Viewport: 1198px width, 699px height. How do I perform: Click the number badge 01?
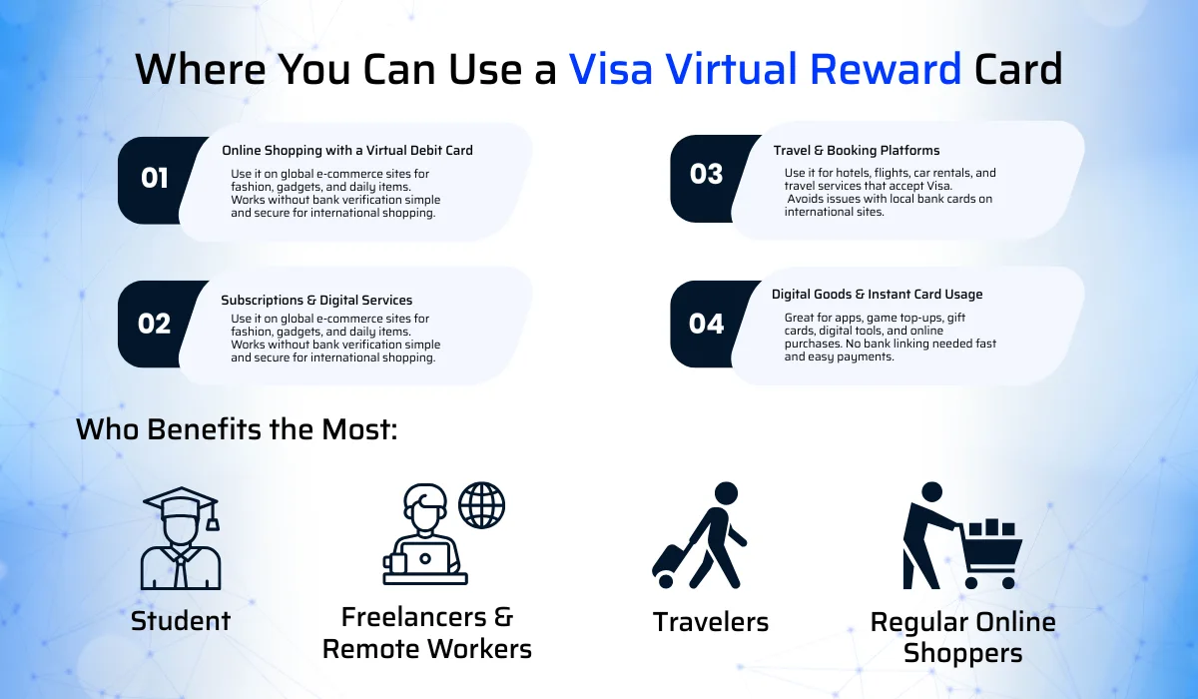[155, 179]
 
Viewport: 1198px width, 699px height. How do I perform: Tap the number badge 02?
[155, 324]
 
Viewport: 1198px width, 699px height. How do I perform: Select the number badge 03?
[706, 175]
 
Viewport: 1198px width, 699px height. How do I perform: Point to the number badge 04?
[706, 324]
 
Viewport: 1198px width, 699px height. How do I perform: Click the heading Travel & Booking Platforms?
[856, 151]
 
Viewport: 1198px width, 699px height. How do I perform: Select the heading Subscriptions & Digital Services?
[316, 300]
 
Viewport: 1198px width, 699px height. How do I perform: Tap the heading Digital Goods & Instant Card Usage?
[877, 295]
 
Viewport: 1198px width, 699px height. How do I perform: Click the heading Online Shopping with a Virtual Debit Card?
[347, 151]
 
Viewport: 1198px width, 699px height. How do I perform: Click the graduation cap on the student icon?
[180, 505]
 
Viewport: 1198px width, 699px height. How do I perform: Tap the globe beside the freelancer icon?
[481, 505]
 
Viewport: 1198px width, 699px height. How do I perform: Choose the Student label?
[181, 620]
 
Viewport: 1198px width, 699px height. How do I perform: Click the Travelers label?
[711, 622]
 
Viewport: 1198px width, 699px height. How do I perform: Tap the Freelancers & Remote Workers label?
[427, 632]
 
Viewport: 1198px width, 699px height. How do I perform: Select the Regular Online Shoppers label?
[962, 637]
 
